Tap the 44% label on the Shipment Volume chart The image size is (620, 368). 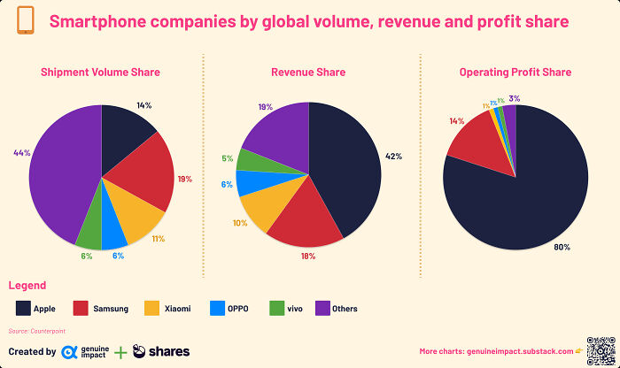tap(22, 153)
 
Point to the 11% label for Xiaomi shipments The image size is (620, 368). tap(159, 239)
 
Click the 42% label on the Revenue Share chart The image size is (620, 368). tap(393, 157)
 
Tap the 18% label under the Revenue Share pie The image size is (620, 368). tap(307, 256)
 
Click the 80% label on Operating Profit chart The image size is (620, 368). tap(562, 247)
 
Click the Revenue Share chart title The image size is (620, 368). tap(308, 72)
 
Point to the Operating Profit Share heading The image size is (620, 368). tap(515, 72)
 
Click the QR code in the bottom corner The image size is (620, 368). tap(600, 350)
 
